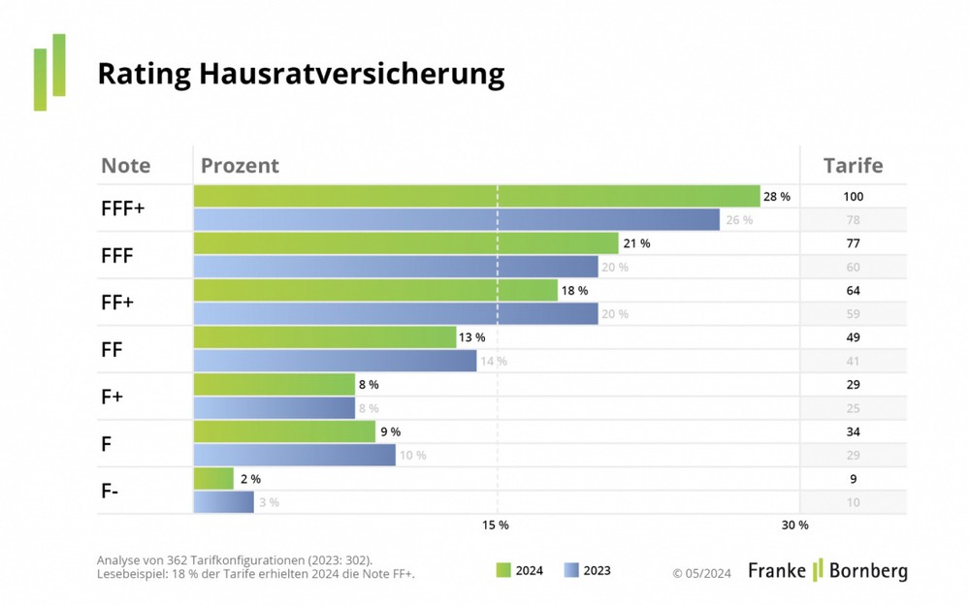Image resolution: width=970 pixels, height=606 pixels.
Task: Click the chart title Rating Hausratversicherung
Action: coord(301,74)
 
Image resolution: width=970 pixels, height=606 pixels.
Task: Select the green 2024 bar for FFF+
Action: coord(476,196)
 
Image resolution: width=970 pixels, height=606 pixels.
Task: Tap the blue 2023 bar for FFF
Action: coord(396,267)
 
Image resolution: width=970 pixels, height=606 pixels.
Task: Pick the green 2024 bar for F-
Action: coord(213,479)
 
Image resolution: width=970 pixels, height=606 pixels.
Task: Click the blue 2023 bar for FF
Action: coord(335,361)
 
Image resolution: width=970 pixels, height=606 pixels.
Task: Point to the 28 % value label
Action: coord(777,197)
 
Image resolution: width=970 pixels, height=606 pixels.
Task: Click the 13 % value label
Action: coord(471,337)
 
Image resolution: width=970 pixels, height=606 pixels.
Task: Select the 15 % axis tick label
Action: coord(495,525)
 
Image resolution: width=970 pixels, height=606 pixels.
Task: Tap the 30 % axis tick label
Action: coord(794,525)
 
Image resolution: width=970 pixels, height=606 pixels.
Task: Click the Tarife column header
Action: coord(853,165)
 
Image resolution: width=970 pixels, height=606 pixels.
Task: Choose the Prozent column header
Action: coord(240,165)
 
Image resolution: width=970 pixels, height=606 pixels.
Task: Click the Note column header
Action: coord(126,165)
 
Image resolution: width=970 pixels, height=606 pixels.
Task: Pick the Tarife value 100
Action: coord(853,197)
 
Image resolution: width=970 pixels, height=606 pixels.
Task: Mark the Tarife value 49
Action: coord(853,337)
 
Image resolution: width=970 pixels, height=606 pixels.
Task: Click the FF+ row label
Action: coord(117,302)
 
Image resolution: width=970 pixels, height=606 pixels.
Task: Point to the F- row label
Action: coord(111,491)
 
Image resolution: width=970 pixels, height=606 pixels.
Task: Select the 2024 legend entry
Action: coord(519,571)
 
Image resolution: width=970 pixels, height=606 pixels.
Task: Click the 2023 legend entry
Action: coord(587,571)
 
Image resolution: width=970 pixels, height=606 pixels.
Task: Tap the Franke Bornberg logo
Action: coord(827,570)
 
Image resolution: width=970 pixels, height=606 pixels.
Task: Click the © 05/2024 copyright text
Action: coord(703,572)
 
